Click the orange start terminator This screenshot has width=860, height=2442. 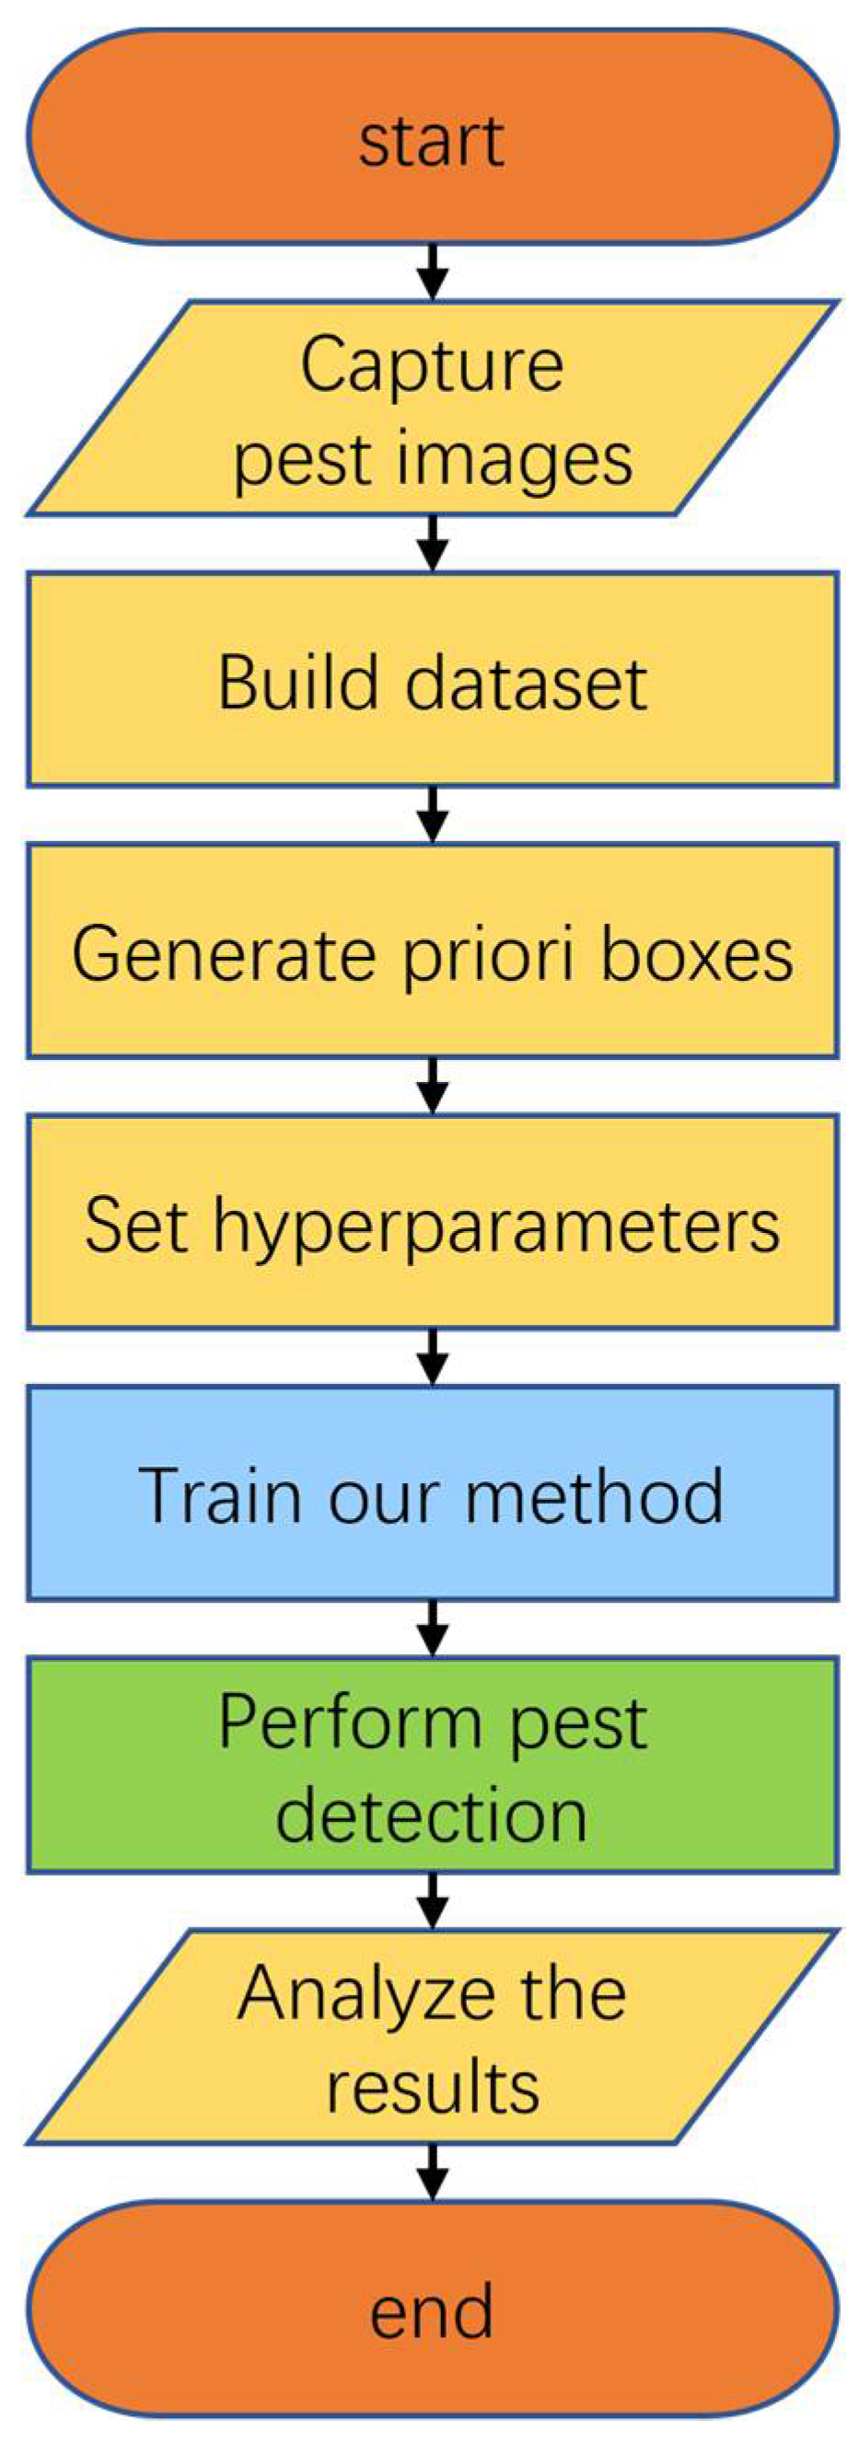pos(432,137)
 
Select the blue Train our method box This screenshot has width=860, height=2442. pos(432,1494)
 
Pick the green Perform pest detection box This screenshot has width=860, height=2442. pos(432,1765)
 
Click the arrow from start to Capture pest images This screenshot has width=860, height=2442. pos(433,272)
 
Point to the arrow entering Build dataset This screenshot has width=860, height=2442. pos(433,543)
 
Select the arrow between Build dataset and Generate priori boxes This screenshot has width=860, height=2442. pos(433,814)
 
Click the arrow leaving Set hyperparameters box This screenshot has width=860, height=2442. pos(433,1356)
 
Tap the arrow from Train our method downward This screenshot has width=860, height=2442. pos(433,1628)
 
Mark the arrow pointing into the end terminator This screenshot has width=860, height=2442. pos(433,2171)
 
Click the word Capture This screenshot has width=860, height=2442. pos(432,365)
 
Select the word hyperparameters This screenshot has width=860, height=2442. pos(496,1226)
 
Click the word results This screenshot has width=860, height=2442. pos(433,2088)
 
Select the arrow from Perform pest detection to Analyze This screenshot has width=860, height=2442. pos(433,1900)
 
